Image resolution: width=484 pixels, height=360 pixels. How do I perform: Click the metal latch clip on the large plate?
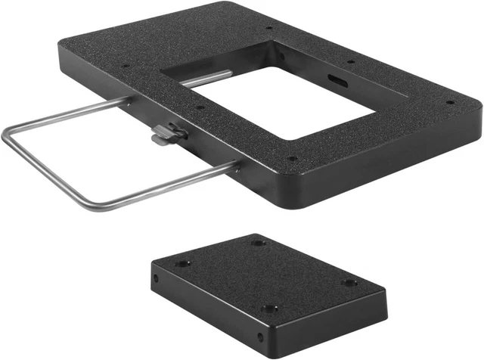[167, 134]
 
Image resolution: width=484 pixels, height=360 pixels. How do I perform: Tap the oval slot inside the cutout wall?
[334, 79]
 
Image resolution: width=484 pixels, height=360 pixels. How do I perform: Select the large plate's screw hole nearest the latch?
[199, 108]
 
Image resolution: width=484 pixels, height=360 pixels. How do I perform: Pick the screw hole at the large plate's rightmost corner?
[450, 102]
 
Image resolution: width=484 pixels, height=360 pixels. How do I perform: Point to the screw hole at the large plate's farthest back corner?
[269, 30]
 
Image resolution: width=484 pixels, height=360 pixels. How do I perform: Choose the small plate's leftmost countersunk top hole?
[183, 264]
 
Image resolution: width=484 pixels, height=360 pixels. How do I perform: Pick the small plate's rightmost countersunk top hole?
[349, 283]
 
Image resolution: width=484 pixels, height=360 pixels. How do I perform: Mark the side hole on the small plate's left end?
[157, 278]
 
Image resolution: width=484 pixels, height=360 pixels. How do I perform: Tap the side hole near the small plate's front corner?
[259, 336]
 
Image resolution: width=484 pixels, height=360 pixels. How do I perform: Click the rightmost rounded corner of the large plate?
[476, 113]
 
